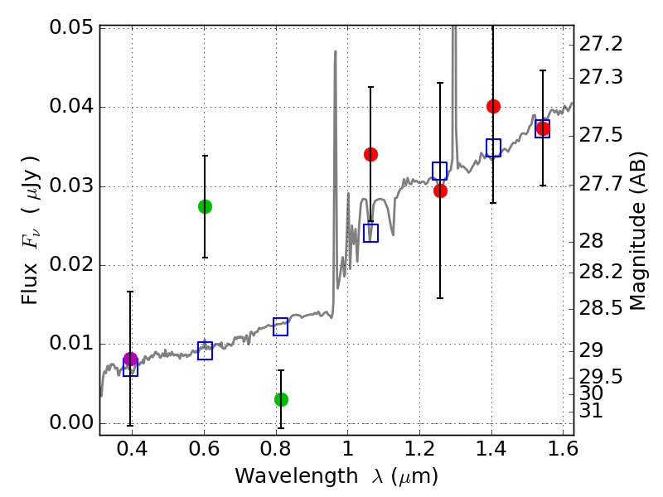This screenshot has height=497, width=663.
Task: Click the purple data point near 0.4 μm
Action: [130, 359]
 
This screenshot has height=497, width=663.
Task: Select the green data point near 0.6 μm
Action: [205, 206]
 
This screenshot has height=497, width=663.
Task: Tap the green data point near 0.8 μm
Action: [281, 399]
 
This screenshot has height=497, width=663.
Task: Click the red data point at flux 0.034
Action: [370, 154]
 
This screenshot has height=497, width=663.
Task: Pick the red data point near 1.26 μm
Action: [440, 191]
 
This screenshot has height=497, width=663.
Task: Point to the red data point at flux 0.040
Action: [493, 106]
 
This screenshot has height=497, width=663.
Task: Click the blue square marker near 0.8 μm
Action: [280, 326]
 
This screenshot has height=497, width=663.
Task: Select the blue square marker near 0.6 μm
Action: [205, 350]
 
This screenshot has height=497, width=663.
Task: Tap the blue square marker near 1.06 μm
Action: [370, 233]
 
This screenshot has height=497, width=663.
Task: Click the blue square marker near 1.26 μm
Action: [439, 171]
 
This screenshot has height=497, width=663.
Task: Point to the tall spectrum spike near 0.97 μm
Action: [335, 53]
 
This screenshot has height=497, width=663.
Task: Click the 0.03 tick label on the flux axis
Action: [71, 186]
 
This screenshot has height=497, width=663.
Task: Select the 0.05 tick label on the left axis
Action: [71, 28]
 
